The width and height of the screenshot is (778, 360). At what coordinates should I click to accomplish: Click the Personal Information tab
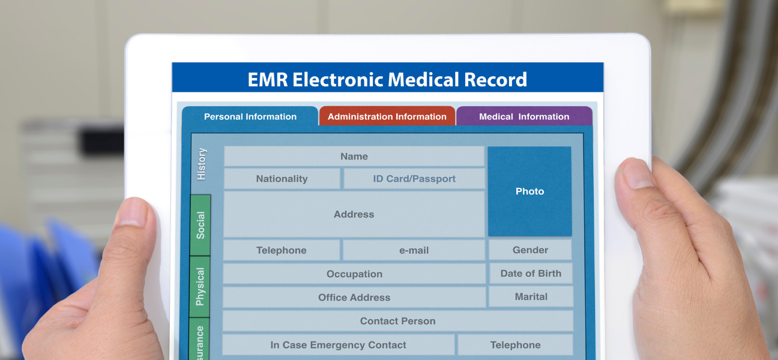250,116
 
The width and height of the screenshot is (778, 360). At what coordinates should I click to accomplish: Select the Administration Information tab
387,116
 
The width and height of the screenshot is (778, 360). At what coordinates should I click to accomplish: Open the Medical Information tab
523,116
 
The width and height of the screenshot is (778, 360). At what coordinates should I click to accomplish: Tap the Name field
354,157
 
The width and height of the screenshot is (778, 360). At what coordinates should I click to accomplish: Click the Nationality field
282,179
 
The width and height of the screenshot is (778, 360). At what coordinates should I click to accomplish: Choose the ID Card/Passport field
414,179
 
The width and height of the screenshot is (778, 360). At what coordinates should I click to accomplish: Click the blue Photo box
529,191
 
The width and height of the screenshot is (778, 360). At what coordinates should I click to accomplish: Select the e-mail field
414,250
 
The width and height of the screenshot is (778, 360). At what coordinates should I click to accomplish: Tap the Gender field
530,250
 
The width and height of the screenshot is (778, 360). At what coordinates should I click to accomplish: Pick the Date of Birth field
531,273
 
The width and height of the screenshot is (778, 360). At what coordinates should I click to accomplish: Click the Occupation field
354,274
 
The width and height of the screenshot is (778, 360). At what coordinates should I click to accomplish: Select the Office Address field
354,297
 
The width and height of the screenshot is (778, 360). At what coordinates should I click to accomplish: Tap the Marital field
531,296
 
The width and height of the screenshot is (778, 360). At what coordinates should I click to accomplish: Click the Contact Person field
397,321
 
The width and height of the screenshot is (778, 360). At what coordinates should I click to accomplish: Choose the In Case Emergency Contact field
338,345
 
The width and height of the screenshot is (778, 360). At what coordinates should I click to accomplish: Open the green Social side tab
201,225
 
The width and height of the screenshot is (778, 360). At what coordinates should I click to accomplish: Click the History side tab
201,164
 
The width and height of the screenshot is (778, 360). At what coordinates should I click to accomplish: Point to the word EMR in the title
267,79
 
